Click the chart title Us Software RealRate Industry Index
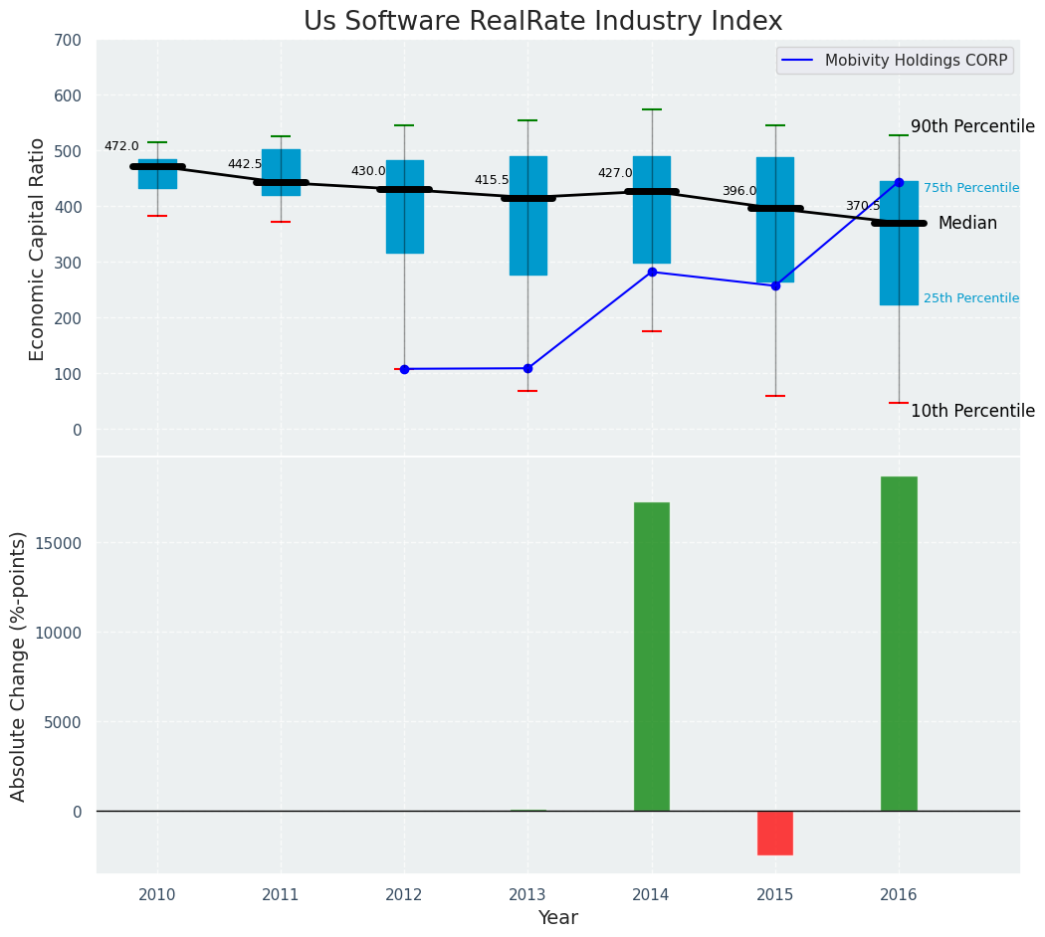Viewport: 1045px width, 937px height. pos(542,22)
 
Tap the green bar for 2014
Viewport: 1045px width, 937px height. pos(652,656)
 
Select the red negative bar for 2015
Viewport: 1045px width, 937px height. pos(775,833)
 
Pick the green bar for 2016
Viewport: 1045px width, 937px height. pos(899,644)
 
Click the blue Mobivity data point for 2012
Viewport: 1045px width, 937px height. pos(404,369)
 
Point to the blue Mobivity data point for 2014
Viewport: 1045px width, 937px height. pos(652,272)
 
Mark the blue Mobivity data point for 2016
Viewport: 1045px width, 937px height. pos(899,182)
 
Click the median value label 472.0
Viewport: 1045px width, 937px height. pos(121,146)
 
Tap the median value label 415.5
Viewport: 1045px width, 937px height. pos(492,180)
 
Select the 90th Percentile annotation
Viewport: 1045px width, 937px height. pos(972,127)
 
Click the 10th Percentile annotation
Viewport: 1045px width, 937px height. pos(972,411)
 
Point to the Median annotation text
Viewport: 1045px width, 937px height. pos(967,224)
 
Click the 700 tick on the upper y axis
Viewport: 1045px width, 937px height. pos(69,41)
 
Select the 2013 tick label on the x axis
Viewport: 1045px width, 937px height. pos(527,895)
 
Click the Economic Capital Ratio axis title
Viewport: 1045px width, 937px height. pos(38,249)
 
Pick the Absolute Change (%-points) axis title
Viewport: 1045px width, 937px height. pos(19,665)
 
